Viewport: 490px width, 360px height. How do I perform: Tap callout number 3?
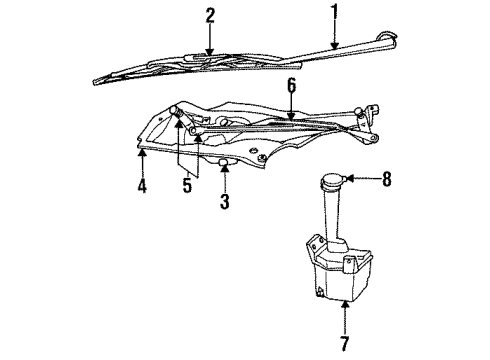point(225,202)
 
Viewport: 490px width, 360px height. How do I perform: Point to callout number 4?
point(141,187)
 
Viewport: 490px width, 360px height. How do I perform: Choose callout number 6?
point(290,87)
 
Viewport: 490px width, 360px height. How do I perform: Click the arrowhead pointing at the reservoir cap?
point(352,181)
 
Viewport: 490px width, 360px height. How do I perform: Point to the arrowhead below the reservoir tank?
point(343,307)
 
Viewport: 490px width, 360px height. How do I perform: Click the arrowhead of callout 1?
point(335,44)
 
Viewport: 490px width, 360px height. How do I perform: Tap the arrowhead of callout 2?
point(210,52)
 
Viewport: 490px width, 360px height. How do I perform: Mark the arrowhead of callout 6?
point(290,120)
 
